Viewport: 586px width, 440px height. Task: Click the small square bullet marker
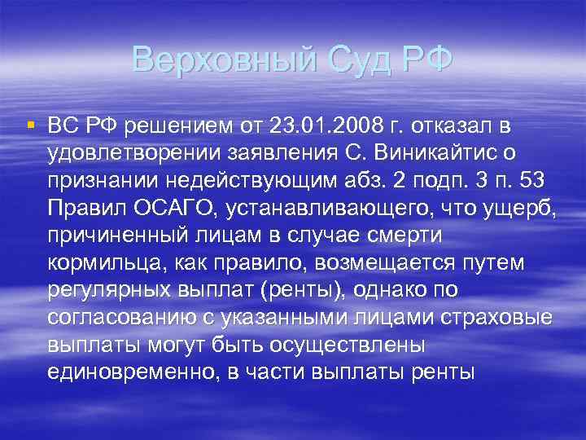pyautogui.click(x=30, y=125)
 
